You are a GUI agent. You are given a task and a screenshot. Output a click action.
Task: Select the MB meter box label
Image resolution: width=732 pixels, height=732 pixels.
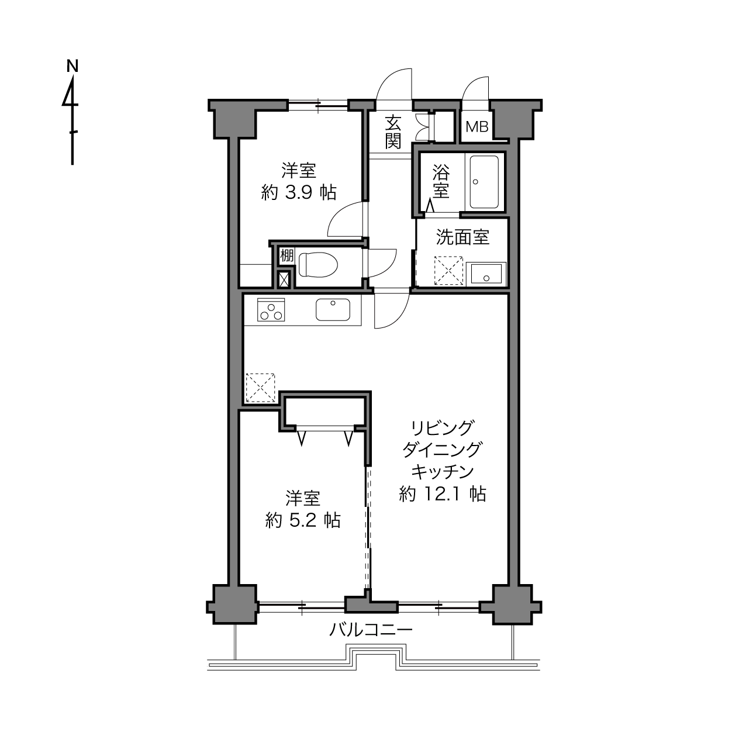click(477, 127)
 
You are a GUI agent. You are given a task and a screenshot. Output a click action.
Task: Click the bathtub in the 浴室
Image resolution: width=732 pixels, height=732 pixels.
click(484, 182)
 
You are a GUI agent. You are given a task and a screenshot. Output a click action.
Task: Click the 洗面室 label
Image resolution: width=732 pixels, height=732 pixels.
click(462, 237)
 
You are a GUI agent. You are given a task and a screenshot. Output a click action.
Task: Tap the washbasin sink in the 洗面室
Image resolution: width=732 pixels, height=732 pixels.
click(486, 274)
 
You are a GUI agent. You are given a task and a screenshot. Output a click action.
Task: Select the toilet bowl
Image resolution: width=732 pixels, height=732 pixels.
click(318, 264)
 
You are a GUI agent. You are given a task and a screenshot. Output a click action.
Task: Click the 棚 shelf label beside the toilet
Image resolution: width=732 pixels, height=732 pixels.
click(287, 255)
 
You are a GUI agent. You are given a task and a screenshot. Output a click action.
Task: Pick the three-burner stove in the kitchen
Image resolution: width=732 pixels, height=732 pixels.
click(271, 310)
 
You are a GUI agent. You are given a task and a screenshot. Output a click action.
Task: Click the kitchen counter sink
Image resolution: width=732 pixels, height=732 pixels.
click(333, 310)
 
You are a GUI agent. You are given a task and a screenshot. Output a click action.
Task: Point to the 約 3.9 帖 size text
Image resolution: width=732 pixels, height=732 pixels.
click(299, 193)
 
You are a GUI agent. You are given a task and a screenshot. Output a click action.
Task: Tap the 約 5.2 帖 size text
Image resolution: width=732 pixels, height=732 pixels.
click(303, 520)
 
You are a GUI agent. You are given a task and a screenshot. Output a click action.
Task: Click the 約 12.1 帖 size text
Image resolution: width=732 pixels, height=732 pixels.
click(443, 494)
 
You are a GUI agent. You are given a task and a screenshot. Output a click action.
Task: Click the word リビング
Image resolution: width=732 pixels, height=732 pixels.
click(443, 428)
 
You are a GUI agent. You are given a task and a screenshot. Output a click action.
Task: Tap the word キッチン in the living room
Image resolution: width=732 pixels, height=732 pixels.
click(443, 472)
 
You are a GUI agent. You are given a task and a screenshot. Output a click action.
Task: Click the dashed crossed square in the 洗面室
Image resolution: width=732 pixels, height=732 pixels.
click(448, 271)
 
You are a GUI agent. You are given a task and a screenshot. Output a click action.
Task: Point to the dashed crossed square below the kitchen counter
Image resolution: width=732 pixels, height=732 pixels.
click(261, 388)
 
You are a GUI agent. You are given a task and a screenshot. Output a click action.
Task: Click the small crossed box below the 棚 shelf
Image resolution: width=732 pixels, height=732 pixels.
click(284, 280)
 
